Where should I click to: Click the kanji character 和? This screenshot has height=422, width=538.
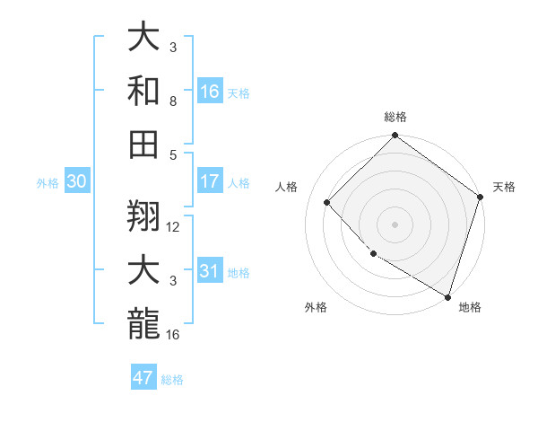tap(144, 91)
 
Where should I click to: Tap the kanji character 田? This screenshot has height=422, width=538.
tap(144, 144)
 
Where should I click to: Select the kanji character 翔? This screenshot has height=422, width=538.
tap(144, 215)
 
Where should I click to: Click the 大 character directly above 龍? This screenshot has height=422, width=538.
tap(144, 270)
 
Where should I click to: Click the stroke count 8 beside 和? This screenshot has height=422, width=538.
tap(174, 102)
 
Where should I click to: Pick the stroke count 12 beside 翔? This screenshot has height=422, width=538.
tap(174, 227)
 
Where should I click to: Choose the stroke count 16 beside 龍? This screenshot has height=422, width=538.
tap(174, 335)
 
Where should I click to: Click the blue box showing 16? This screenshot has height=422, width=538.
tap(210, 91)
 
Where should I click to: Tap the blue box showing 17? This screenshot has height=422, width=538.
tap(210, 181)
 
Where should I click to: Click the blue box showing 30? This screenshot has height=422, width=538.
tap(76, 181)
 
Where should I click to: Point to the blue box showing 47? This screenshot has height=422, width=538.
tap(143, 378)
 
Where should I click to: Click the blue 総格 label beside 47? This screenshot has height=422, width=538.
tap(172, 380)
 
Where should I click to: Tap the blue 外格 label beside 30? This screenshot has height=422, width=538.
tap(48, 183)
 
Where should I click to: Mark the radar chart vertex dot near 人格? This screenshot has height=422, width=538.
tap(327, 202)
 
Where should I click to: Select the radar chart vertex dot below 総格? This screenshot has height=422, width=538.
tap(395, 137)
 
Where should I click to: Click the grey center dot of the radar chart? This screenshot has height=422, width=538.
tap(395, 224)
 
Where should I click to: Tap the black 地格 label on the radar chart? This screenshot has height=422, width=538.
tap(470, 308)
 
